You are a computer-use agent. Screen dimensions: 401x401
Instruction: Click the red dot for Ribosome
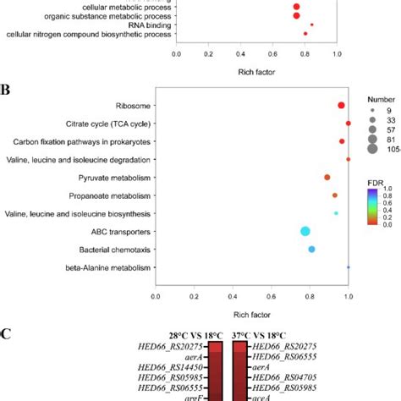[341, 106]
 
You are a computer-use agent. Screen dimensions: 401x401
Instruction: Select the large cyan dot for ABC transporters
[305, 231]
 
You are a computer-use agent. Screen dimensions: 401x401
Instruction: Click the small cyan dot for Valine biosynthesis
[336, 213]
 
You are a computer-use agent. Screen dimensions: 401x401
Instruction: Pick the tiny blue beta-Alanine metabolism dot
[348, 267]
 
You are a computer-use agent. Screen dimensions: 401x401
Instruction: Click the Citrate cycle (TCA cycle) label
[114, 124]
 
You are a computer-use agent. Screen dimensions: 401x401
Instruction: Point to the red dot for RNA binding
[312, 25]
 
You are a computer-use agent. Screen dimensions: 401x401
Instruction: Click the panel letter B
[6, 88]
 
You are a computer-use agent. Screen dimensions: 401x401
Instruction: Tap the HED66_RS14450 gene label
[162, 370]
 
